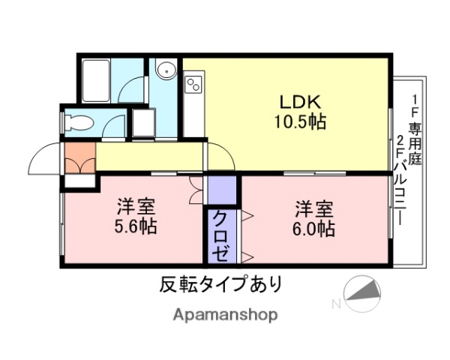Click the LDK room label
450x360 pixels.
click(301, 101)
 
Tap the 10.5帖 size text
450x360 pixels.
click(300, 121)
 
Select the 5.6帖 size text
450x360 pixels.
click(136, 227)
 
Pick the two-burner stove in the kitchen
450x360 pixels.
click(194, 82)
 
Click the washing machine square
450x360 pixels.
click(142, 123)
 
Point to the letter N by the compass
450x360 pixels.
click(337, 304)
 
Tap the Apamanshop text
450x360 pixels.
click(226, 314)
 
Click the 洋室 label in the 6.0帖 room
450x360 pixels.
click(313, 207)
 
